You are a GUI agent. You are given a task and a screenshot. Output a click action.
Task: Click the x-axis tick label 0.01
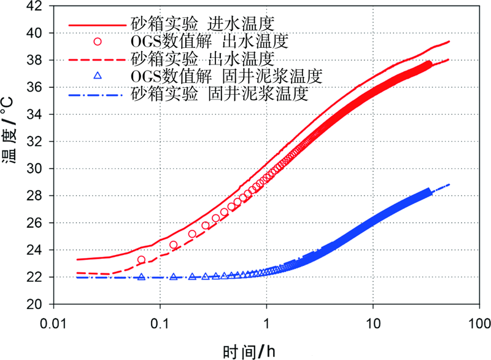[x=54, y=321]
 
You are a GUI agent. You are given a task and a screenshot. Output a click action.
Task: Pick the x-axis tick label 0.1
[x=160, y=321]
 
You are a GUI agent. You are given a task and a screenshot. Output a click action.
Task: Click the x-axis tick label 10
[x=373, y=321]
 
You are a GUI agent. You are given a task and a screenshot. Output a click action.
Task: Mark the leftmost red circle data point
[x=142, y=260]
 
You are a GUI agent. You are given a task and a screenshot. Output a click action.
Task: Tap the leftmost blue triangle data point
[x=142, y=277]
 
